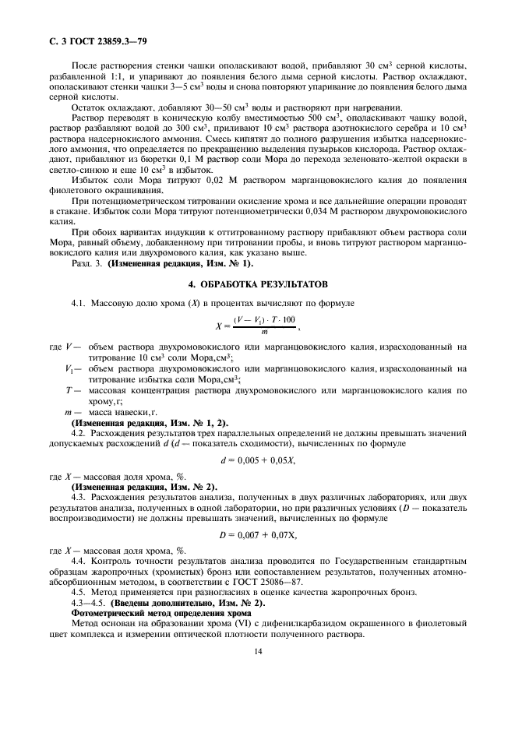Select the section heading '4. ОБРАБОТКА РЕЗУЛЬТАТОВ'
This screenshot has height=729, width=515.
[257, 284]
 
